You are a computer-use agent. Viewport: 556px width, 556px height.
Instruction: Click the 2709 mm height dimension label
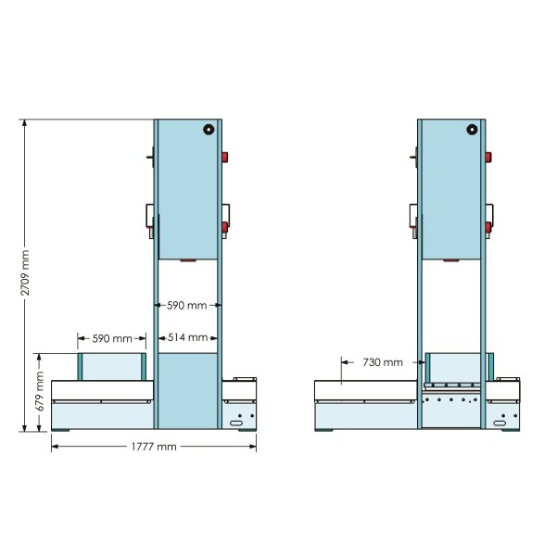pyautogui.click(x=25, y=272)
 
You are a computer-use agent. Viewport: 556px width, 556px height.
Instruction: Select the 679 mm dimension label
pyautogui.click(x=40, y=391)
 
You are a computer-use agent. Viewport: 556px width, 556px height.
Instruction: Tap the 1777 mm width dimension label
pyautogui.click(x=154, y=447)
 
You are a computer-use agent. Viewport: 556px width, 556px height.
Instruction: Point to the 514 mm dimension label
pyautogui.click(x=187, y=337)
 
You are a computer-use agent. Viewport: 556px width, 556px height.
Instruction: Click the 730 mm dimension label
pyautogui.click(x=383, y=362)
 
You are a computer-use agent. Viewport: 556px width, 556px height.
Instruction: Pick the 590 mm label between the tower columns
pyautogui.click(x=186, y=305)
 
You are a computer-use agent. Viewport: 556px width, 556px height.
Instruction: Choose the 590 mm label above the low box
pyautogui.click(x=112, y=338)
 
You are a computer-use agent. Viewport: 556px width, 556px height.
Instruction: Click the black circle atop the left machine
pyautogui.click(x=208, y=130)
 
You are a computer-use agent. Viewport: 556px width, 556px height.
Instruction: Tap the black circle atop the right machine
pyautogui.click(x=472, y=130)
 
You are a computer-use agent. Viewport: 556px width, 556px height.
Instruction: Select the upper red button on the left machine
pyautogui.click(x=225, y=158)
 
